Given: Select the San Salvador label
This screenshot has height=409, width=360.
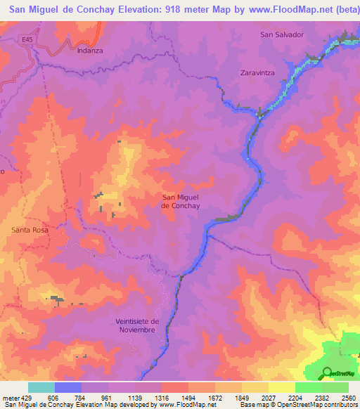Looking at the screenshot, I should point(281,34).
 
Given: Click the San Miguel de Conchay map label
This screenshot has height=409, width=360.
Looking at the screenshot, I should point(181,202).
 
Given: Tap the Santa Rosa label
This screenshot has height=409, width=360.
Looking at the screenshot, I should point(31,230).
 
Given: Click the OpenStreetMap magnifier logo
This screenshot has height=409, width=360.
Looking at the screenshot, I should point(327,372).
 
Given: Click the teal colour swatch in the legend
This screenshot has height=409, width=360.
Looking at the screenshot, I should point(41,387).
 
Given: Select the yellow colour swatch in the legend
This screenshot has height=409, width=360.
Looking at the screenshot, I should point(281,387).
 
